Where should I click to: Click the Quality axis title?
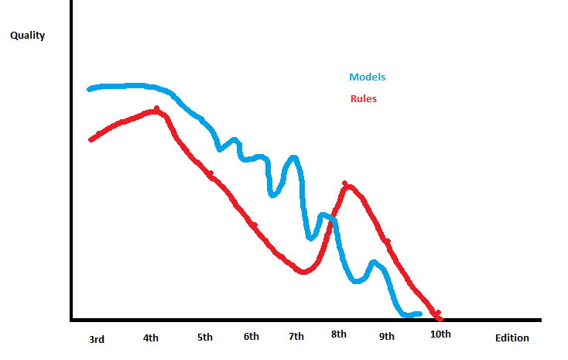(x=27, y=36)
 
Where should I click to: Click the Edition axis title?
(x=512, y=338)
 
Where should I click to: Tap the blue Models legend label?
(x=367, y=77)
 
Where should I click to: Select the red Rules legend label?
(x=363, y=99)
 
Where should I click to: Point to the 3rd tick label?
(x=97, y=339)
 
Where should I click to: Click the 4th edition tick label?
(x=151, y=338)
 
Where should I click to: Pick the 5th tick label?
(x=205, y=338)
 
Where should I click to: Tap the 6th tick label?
(x=251, y=337)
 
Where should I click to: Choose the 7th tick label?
(x=296, y=337)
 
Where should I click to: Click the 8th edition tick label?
(x=339, y=334)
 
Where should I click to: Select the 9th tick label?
(x=387, y=336)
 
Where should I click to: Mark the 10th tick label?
(x=440, y=334)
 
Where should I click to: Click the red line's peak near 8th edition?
(x=347, y=185)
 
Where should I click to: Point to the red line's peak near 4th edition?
(x=157, y=111)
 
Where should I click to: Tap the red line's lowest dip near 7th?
(x=303, y=272)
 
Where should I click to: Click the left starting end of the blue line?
(x=90, y=89)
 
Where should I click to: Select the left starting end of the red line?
(x=91, y=139)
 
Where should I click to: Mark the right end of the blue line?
(x=419, y=314)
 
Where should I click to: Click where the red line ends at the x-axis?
(x=439, y=318)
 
